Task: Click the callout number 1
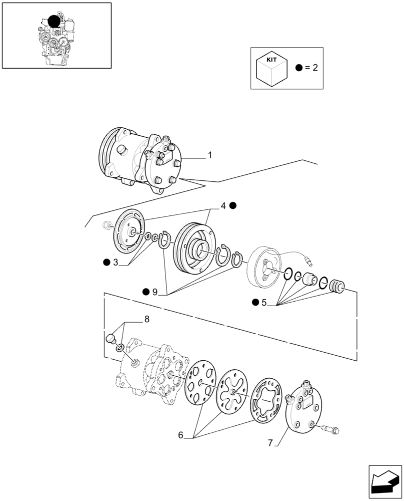click(210, 155)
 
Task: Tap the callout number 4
click(223, 205)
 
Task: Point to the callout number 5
click(264, 302)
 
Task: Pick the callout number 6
click(180, 435)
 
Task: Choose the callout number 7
click(270, 443)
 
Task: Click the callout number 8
click(146, 319)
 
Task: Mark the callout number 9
click(154, 292)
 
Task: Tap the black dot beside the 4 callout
click(233, 205)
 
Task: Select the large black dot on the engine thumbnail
click(54, 21)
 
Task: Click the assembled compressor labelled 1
click(142, 160)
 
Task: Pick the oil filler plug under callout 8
click(111, 338)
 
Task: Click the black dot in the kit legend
click(298, 68)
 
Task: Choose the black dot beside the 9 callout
click(145, 292)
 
